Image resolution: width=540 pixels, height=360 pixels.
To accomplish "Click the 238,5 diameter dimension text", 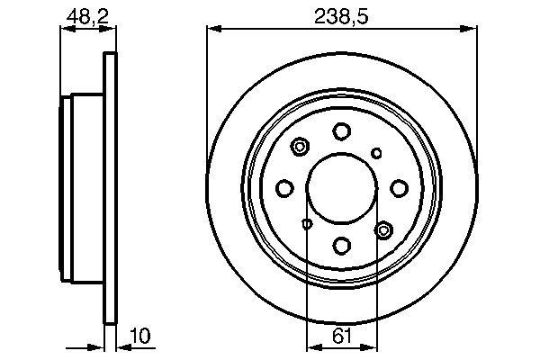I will (341, 14).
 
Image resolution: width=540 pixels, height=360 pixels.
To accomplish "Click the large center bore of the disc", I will (341, 188).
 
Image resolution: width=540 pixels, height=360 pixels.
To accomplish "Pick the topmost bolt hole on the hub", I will (341, 131).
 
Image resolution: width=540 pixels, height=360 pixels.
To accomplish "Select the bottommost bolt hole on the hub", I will (341, 244).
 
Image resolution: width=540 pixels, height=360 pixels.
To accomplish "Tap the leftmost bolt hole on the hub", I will (285, 188).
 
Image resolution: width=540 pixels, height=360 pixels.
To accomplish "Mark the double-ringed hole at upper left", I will (300, 146).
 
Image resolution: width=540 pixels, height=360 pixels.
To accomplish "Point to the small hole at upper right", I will (377, 152).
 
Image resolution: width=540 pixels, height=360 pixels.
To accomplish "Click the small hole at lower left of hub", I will (306, 224).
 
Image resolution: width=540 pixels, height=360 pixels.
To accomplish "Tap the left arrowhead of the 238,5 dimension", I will (212, 29).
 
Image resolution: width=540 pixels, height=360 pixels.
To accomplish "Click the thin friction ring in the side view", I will (112, 188).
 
